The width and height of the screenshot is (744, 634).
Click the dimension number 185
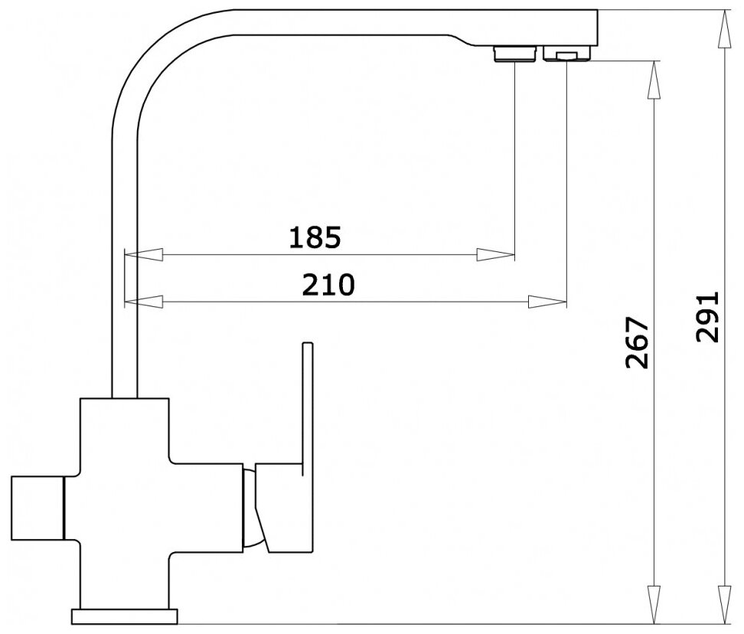(315, 237)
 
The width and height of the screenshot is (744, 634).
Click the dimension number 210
(328, 284)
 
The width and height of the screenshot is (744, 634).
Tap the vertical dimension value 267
(637, 343)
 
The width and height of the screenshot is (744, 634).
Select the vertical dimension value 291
(707, 317)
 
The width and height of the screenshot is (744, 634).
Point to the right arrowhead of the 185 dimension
(495, 254)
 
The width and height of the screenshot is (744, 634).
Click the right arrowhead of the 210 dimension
(547, 302)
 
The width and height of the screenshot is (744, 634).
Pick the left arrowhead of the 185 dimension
(143, 254)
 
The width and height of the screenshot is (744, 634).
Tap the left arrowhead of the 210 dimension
(143, 302)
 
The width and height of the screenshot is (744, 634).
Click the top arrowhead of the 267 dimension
(654, 80)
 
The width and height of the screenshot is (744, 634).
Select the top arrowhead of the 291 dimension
(724, 28)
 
